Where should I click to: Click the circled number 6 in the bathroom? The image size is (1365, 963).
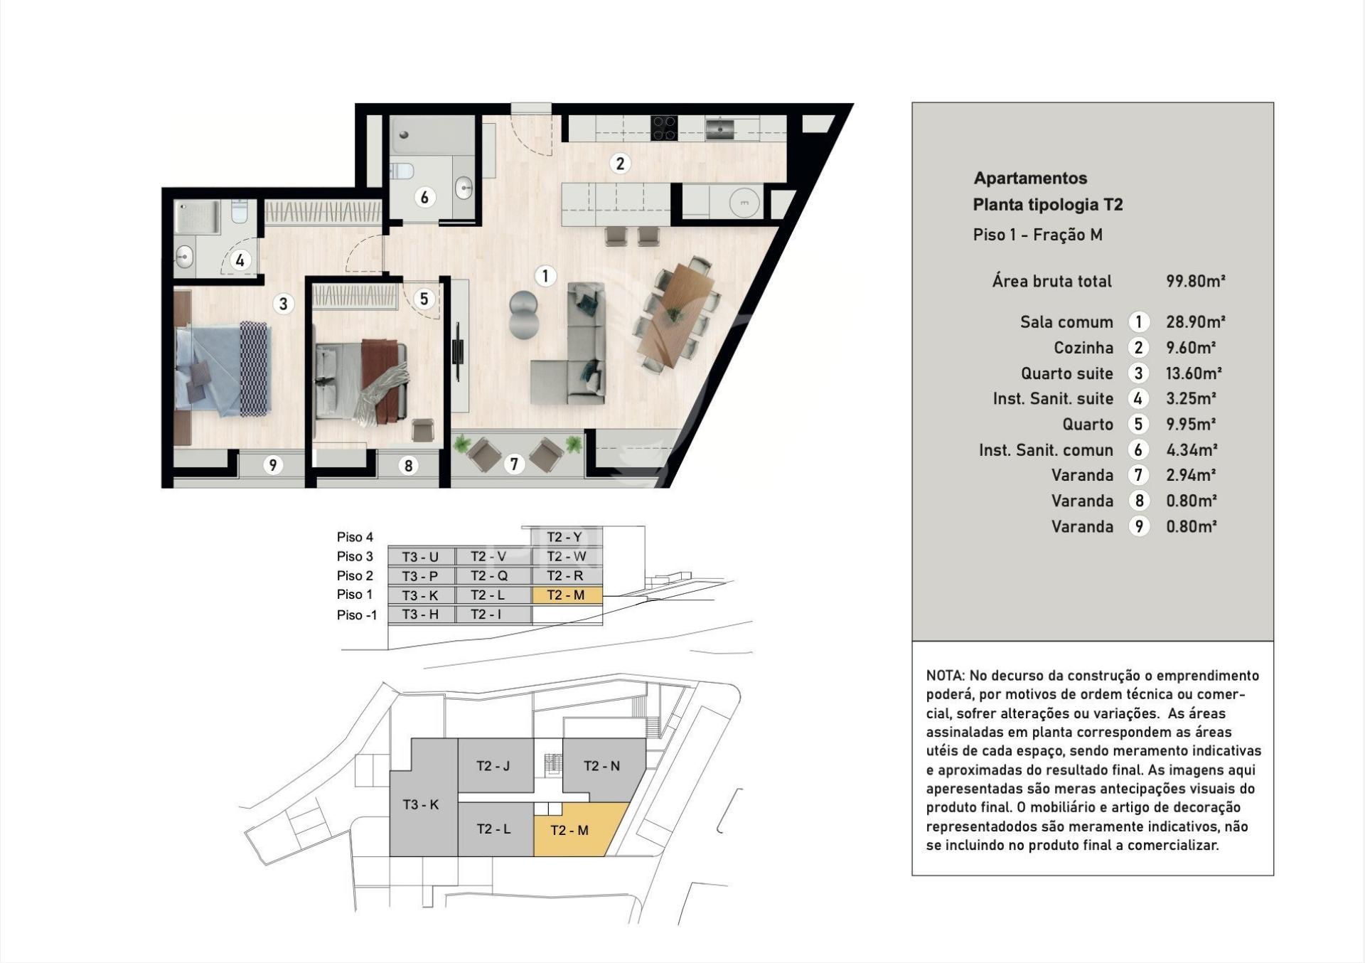coord(424,197)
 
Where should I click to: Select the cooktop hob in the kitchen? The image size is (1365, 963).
coord(664,128)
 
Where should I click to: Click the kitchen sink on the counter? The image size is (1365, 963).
coord(719,128)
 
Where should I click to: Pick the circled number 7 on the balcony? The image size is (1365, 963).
coord(514,464)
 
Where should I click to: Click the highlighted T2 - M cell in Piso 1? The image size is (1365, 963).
coord(567,595)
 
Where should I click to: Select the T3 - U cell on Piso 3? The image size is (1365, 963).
coord(420,557)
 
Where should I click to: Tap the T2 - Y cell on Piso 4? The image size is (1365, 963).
coord(565,537)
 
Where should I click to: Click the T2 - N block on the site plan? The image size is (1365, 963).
coord(601,766)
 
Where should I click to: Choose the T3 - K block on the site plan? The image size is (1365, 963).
coord(421,804)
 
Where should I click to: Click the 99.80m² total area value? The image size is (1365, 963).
coord(1195,281)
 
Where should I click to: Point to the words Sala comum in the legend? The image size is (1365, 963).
coord(1066,322)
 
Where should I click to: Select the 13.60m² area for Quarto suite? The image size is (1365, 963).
coord(1193,373)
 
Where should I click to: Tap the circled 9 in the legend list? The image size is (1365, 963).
coord(1139,526)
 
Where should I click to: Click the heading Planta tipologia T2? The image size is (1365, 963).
coord(1047,205)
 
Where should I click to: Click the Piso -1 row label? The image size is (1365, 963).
coord(357,615)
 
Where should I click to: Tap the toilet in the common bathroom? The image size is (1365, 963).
coord(402,171)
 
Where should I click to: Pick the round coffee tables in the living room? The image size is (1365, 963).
coord(525,314)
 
